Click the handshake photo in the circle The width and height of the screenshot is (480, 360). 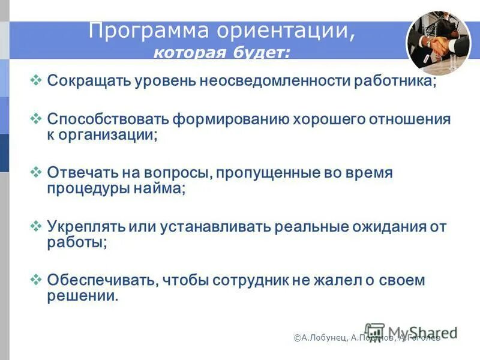(x=439, y=42)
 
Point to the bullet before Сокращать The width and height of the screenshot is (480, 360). (x=35, y=80)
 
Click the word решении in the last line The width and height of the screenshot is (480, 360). (x=82, y=296)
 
